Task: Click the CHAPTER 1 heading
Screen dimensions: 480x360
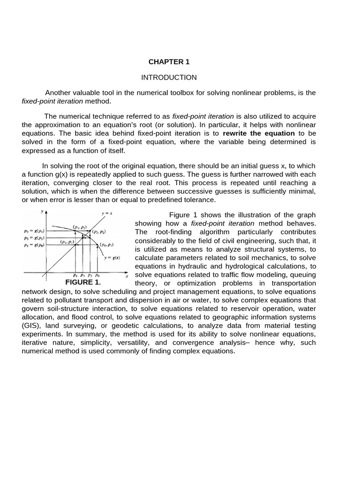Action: [x=169, y=62]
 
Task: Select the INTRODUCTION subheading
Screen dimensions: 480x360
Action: [x=169, y=77]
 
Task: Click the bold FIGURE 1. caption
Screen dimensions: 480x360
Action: [x=83, y=283]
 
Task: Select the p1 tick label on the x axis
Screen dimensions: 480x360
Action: [x=75, y=275]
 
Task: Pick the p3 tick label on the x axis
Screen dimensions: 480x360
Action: [x=82, y=275]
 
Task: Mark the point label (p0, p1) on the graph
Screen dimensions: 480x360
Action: [x=107, y=244]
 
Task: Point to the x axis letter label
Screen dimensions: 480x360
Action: [x=127, y=277]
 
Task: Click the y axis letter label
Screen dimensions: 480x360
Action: [x=42, y=212]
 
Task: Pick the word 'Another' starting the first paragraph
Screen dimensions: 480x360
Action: [x=59, y=93]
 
